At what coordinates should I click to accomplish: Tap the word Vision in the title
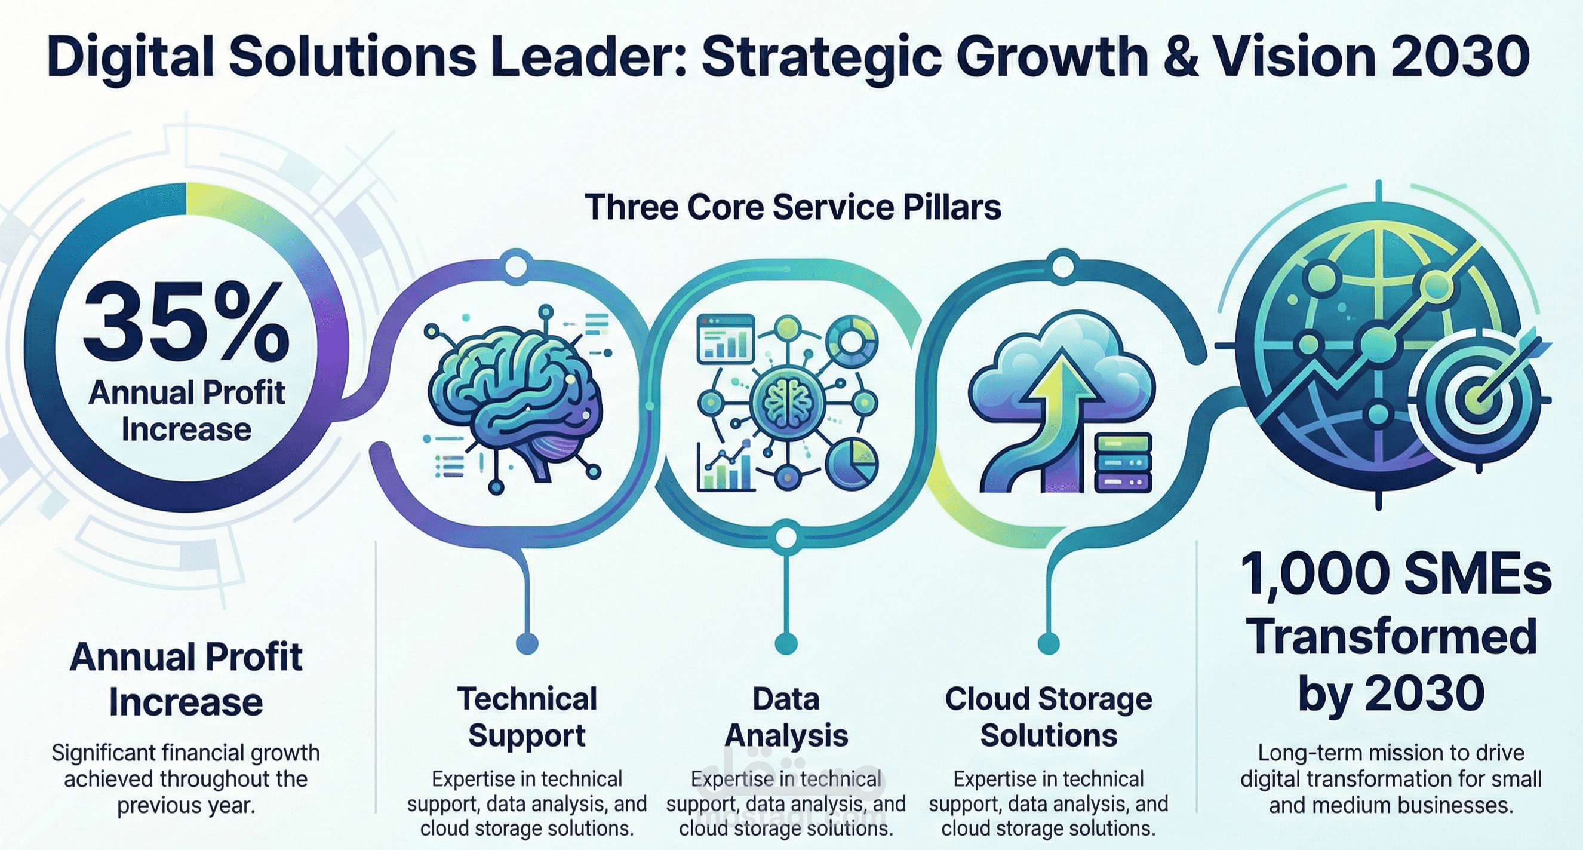[1287, 57]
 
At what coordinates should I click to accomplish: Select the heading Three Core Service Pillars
[793, 207]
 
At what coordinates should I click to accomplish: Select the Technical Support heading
[527, 717]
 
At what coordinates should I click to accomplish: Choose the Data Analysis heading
[786, 717]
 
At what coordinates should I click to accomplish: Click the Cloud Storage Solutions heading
[1049, 717]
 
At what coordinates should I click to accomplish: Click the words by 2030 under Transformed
[1391, 693]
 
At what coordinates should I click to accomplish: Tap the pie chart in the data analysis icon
[852, 465]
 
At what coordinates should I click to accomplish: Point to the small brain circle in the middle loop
[786, 403]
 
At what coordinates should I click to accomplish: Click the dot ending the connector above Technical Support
[527, 643]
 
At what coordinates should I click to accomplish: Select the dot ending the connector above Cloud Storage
[1049, 643]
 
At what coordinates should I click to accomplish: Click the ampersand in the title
[1175, 57]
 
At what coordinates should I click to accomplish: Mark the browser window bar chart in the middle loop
[725, 339]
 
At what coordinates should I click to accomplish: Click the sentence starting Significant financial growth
[186, 779]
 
